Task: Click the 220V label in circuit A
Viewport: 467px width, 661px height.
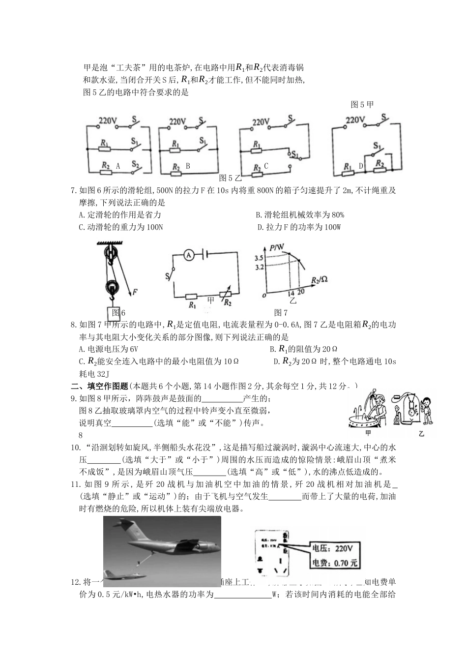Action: point(107,120)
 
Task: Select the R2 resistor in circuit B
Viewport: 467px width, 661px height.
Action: point(175,167)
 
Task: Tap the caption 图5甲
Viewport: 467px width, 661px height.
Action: point(362,104)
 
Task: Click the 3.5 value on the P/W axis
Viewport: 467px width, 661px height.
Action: point(260,258)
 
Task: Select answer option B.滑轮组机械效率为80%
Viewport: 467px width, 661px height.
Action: point(300,215)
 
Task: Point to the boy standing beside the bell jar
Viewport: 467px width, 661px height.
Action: point(426,409)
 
